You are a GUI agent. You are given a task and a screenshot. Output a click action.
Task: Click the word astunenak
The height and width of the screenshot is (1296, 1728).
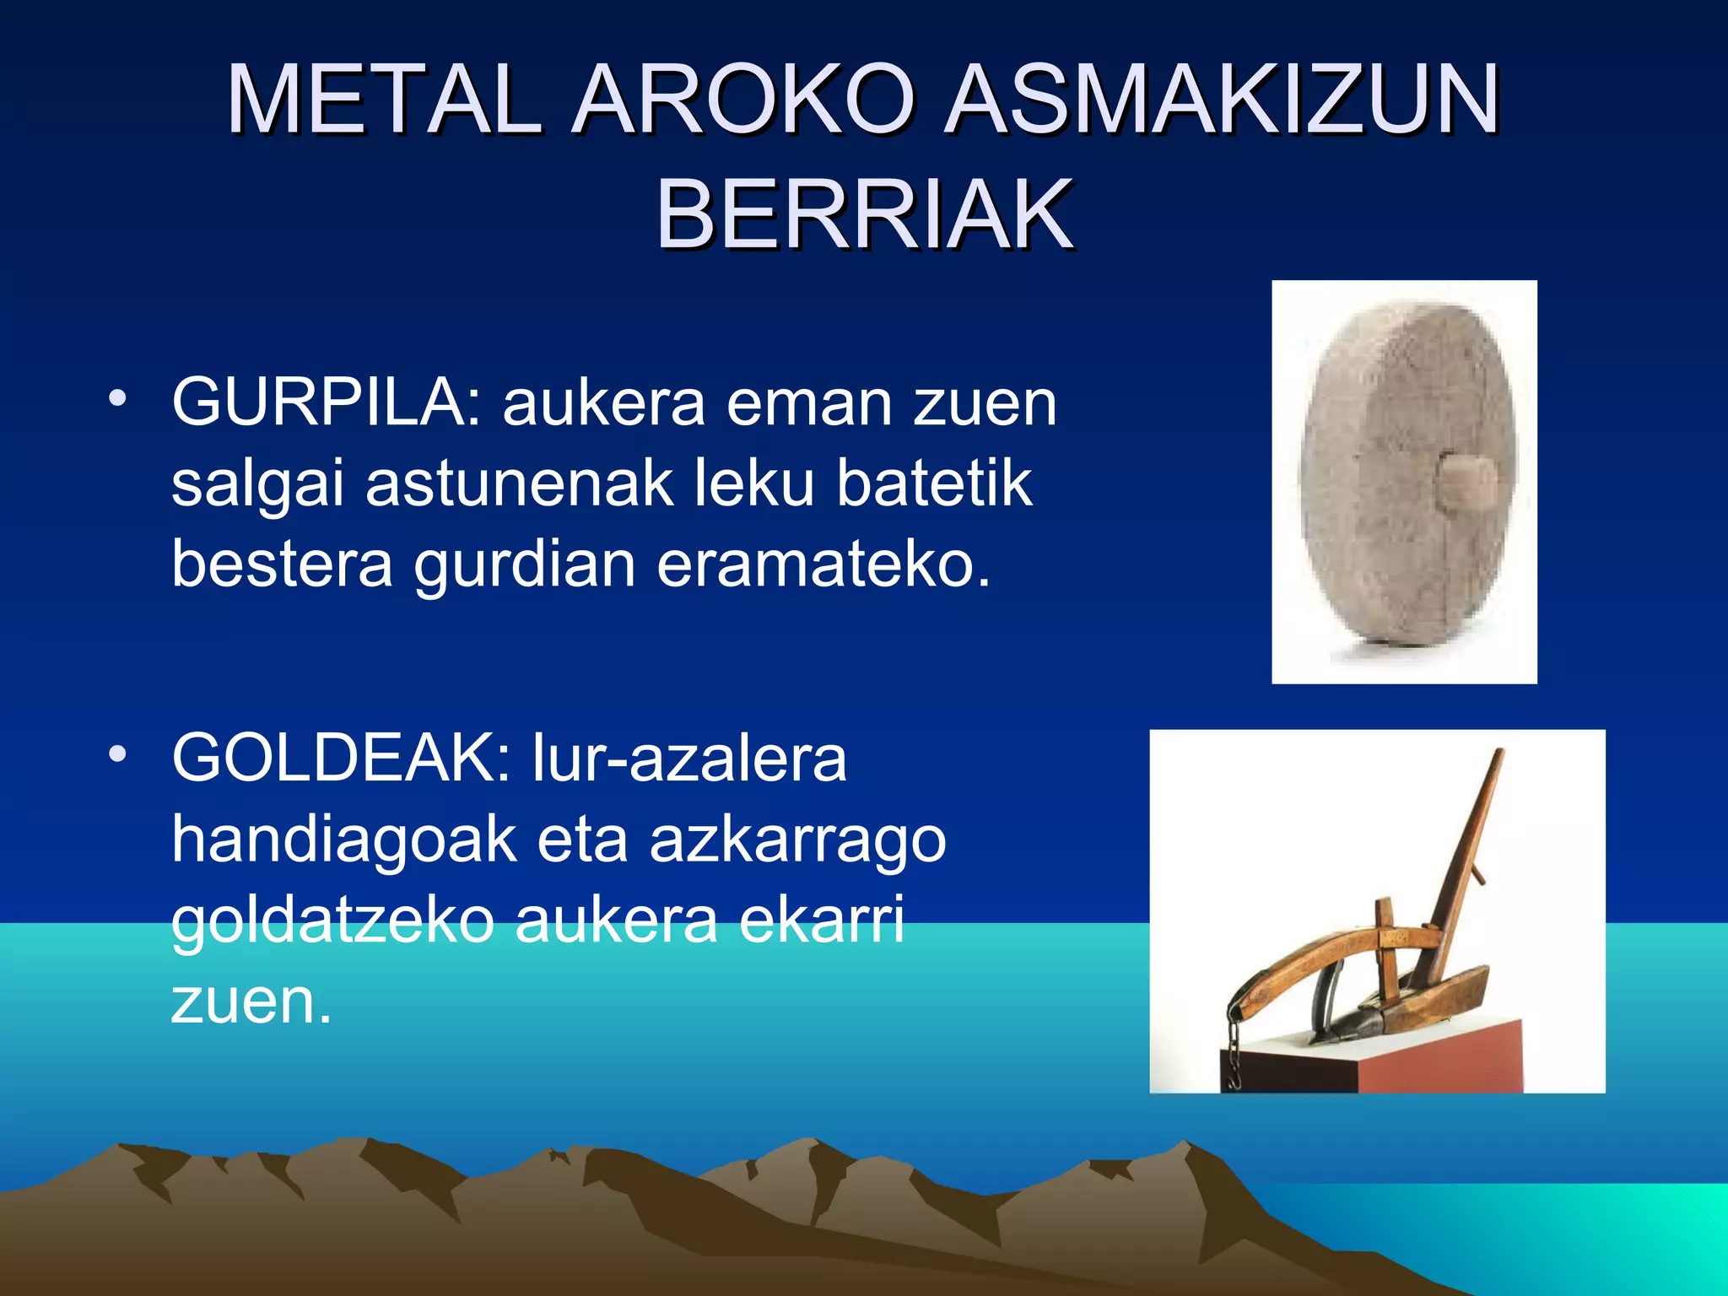[519, 483]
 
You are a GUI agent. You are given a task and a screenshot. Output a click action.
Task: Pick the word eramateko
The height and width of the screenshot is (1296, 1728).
[823, 564]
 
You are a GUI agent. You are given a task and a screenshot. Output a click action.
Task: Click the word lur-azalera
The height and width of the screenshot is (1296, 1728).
[689, 758]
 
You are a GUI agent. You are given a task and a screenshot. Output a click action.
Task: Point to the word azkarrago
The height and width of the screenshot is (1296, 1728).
[797, 840]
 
